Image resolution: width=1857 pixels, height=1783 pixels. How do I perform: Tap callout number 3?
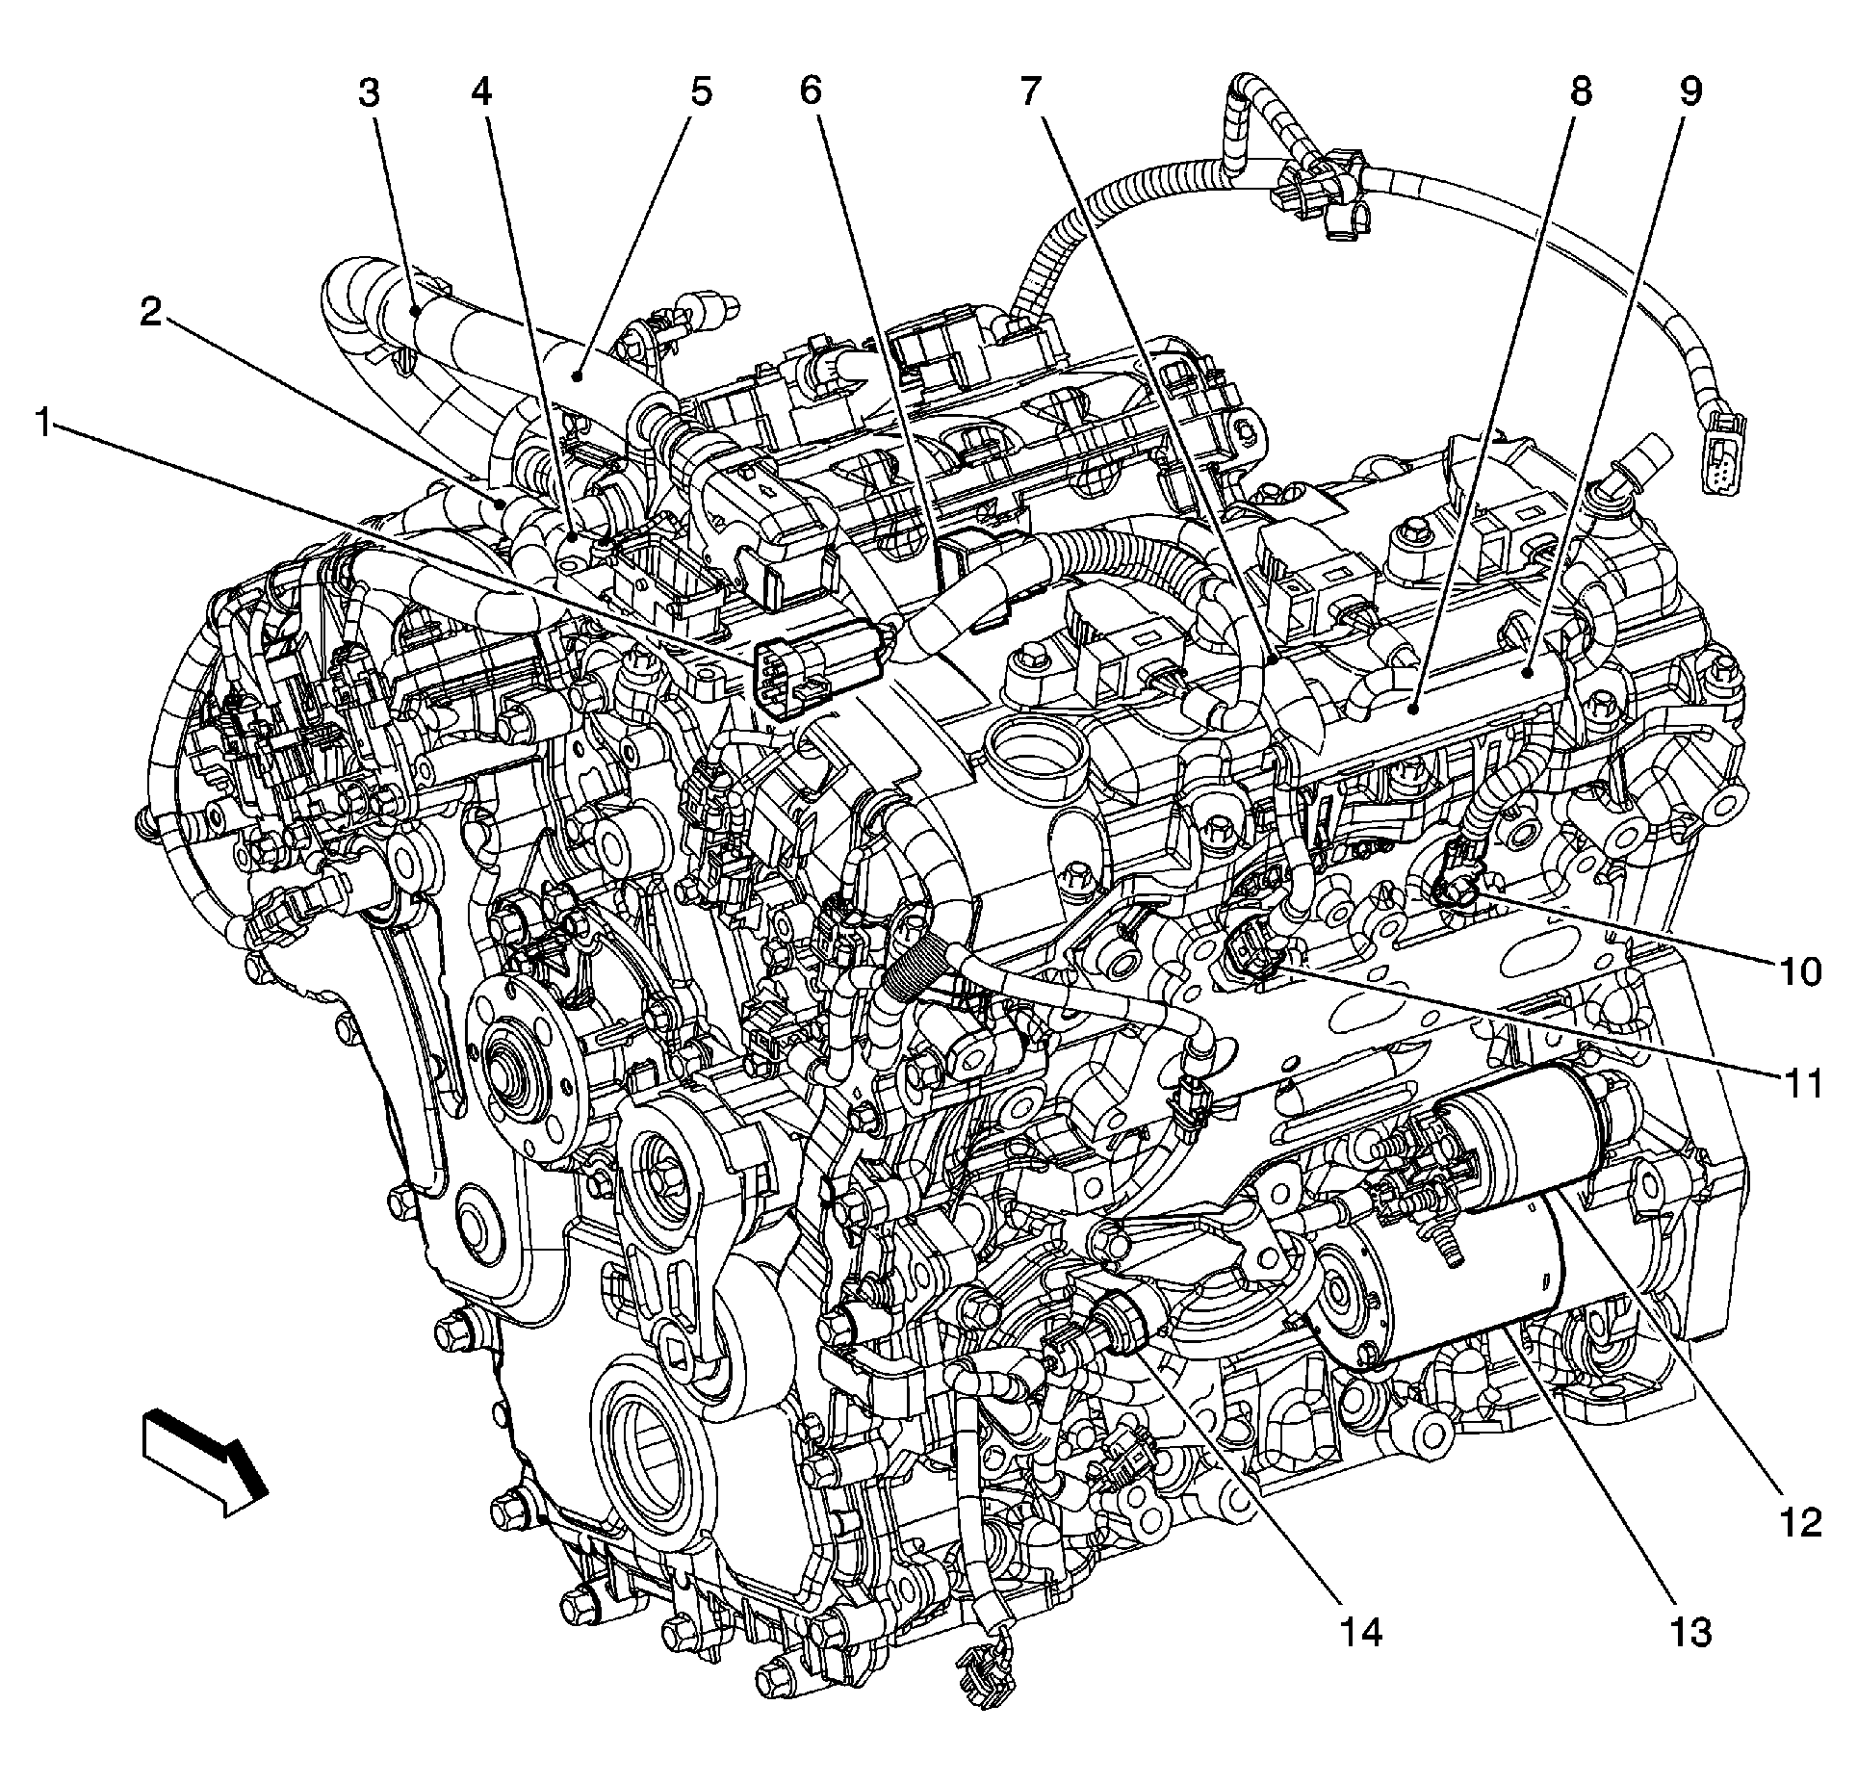[x=370, y=93]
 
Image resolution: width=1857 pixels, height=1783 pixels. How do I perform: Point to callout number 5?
[x=701, y=93]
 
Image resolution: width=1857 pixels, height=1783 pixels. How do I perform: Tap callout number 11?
[x=1798, y=1084]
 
